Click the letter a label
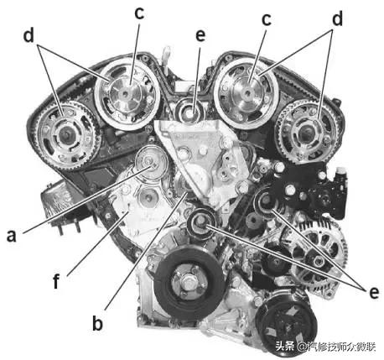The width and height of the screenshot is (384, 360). click(12, 236)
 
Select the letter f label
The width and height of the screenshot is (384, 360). click(57, 280)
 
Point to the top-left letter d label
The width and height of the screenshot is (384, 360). click(29, 36)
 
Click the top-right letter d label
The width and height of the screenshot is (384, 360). click(337, 19)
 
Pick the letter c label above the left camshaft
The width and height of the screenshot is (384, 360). click(139, 13)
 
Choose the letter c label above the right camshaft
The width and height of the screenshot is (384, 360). click(267, 19)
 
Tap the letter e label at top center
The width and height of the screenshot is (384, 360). click(200, 35)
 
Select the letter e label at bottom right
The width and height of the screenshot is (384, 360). click(374, 292)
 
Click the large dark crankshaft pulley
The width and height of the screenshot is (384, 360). click(189, 284)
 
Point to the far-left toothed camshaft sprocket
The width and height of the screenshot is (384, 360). click(66, 135)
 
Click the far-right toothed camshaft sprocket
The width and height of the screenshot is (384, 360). click(308, 132)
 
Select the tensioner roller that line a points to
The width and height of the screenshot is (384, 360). click(151, 163)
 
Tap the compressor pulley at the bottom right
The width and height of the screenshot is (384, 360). click(287, 326)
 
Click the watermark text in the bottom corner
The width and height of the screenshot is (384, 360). click(325, 347)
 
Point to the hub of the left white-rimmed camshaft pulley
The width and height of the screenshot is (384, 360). click(126, 94)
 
